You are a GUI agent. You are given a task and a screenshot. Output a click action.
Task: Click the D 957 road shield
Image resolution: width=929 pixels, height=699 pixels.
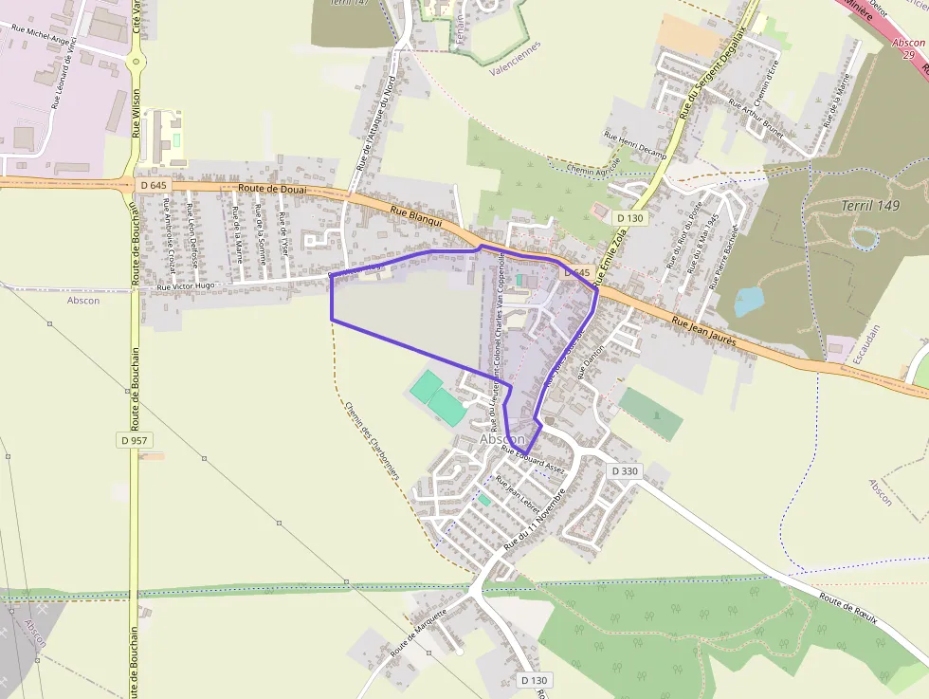point(137,440)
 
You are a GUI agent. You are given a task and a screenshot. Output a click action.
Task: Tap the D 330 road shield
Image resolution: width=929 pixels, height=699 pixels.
point(625,470)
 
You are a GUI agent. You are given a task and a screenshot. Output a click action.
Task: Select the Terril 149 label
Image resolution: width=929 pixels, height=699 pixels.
point(870,205)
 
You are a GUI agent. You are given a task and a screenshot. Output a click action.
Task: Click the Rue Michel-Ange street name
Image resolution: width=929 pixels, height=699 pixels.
point(44,35)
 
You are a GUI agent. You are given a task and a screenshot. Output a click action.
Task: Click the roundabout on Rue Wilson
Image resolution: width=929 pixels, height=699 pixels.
point(137,63)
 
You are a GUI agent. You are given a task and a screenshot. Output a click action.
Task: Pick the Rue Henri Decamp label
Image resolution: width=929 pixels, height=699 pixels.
point(635,142)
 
